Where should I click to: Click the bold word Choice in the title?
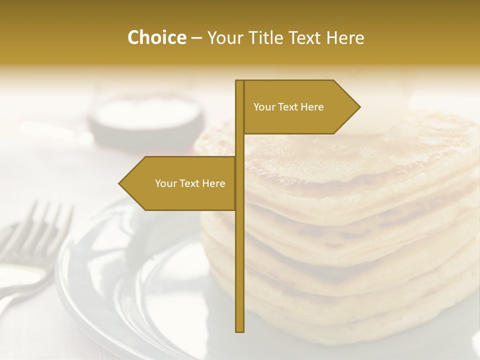(x=156, y=38)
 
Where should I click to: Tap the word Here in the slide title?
(x=344, y=38)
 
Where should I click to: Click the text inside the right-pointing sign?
(x=288, y=107)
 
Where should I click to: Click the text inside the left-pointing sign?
(x=190, y=183)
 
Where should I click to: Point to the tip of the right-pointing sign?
(x=359, y=107)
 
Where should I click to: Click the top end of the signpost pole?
(x=239, y=81)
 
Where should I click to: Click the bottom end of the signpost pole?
(x=239, y=330)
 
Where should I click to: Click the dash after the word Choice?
(x=196, y=38)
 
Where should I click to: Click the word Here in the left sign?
(x=213, y=183)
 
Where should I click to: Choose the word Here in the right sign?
(x=312, y=107)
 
